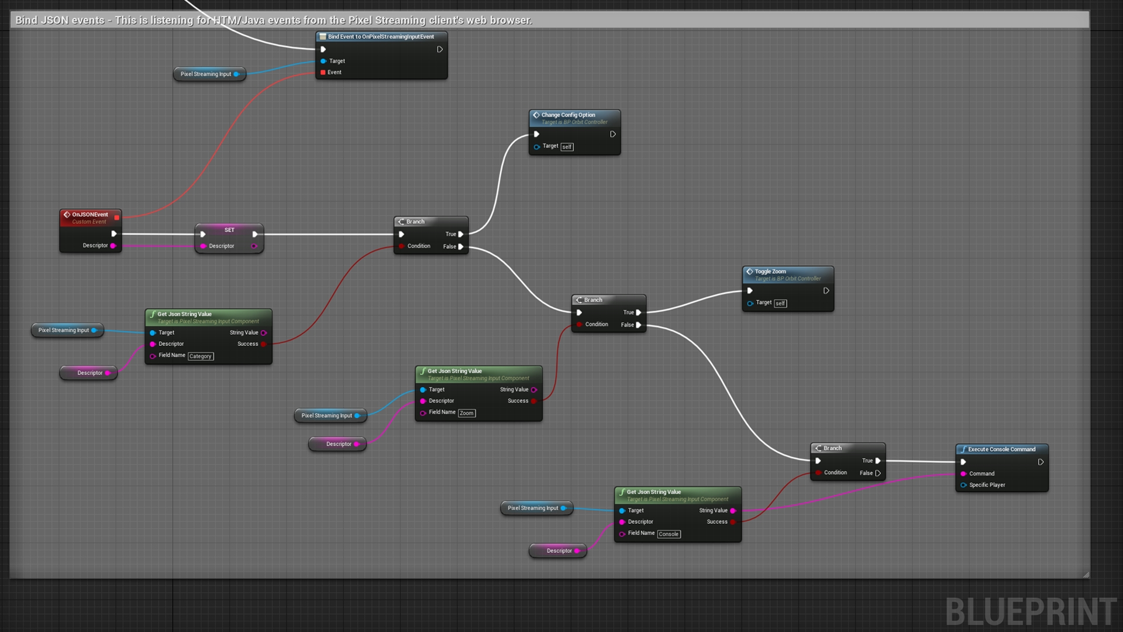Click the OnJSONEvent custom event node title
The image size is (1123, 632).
coord(90,215)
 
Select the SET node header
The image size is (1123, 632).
coord(229,230)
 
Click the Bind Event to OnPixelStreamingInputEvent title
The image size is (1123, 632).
coord(381,37)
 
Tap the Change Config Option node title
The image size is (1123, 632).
coord(568,115)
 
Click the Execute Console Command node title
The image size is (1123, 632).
coord(1001,449)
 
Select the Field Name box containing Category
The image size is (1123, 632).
coord(200,356)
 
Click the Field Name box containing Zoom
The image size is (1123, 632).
coord(466,413)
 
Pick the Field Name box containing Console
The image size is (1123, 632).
coord(669,534)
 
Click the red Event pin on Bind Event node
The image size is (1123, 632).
coord(323,73)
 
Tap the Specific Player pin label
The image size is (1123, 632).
coord(987,485)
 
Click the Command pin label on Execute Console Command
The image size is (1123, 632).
coord(981,474)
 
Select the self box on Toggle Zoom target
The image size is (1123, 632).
coord(780,303)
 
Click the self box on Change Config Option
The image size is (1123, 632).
coord(567,147)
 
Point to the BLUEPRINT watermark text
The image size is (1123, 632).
coord(1031,612)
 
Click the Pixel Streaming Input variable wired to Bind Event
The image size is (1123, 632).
coord(206,74)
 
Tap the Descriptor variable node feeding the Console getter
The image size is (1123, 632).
coord(559,551)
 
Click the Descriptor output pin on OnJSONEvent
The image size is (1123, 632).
coord(113,246)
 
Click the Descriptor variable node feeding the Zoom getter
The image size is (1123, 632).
coord(338,444)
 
